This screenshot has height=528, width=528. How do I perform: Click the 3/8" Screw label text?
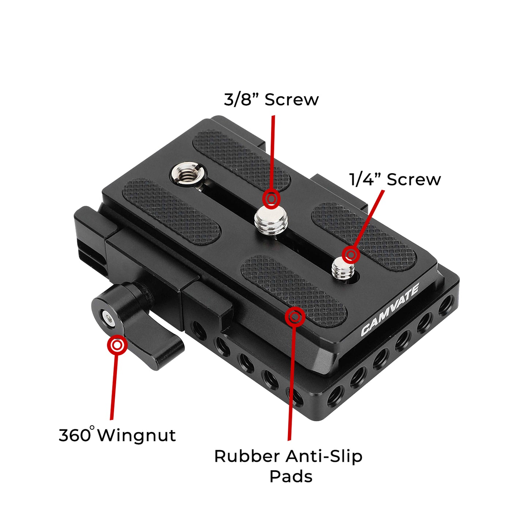(x=271, y=99)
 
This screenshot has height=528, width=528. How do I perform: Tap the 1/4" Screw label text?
(x=395, y=179)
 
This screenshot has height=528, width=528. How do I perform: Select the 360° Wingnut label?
(x=117, y=435)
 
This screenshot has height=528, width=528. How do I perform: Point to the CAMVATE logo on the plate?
(x=390, y=310)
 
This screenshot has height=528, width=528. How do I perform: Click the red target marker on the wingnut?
(x=117, y=345)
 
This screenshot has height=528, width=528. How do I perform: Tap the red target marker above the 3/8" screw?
(x=271, y=199)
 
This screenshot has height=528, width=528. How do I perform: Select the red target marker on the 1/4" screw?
(x=351, y=254)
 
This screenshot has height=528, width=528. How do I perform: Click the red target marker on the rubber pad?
(x=295, y=316)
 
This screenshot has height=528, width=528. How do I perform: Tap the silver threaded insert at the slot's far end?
(x=189, y=174)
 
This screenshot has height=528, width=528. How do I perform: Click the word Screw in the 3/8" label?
(x=292, y=99)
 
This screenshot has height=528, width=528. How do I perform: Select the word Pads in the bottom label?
(x=291, y=476)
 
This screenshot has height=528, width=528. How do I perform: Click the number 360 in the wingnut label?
(x=74, y=435)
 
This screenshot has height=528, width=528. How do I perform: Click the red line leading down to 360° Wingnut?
(x=114, y=387)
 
